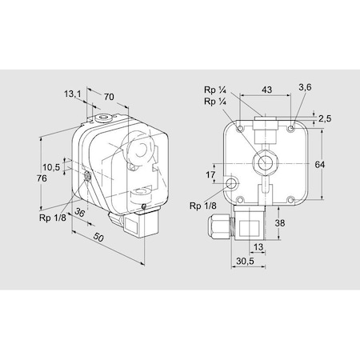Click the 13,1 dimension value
pyautogui.click(x=73, y=94)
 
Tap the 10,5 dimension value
pyautogui.click(x=51, y=167)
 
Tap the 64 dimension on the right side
pyautogui.click(x=320, y=164)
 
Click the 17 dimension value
pyautogui.click(x=211, y=174)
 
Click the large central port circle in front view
pyautogui.click(x=262, y=162)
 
